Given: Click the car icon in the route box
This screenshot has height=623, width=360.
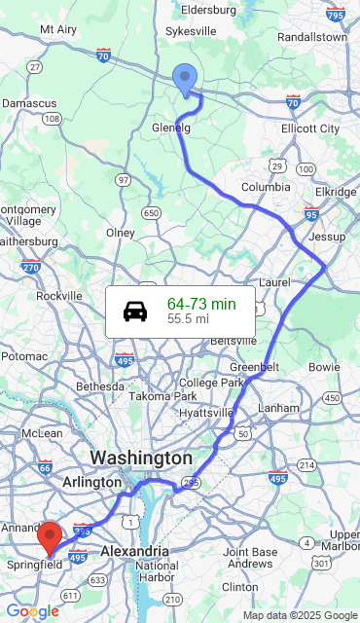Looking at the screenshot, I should coord(135,311).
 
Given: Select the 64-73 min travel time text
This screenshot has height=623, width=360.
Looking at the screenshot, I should coord(201,304).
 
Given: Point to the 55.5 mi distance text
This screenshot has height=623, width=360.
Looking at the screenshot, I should coord(188,318).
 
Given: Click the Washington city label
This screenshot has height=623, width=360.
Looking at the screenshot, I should coord(141,458).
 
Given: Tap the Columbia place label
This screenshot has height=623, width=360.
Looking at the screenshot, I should coord(266,187).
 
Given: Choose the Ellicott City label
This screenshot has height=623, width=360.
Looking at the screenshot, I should coord(310,128).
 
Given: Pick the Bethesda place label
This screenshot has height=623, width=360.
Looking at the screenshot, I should coord(101,386).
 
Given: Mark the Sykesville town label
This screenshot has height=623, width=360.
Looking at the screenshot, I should coord(191,32).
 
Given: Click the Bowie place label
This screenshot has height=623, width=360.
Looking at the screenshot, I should coord(324,367).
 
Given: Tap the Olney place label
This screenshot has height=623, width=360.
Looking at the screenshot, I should coord(120,233).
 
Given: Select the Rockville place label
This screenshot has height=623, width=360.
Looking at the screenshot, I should coord(59,296).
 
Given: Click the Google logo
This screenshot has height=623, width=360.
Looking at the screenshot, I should coord(32,611).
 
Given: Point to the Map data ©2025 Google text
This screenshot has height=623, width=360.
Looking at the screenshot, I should coord(300,615).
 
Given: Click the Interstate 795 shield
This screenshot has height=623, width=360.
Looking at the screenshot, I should coord(336,15).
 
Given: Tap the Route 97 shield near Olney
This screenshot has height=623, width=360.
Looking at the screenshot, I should coord(123,180).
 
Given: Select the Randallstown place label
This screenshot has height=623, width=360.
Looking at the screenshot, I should coord(311,37).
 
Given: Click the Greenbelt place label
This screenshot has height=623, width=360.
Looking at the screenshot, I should coord(254,366).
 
